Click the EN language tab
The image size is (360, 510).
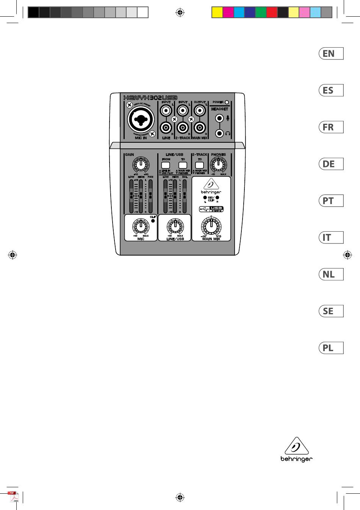[331, 53]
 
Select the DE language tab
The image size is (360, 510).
[331, 164]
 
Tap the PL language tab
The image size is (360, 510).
[331, 348]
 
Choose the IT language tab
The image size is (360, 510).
[331, 237]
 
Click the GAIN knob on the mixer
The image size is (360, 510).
[141, 164]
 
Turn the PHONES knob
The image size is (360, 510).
[218, 164]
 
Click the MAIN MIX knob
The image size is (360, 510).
[211, 226]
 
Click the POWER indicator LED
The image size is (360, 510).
[227, 102]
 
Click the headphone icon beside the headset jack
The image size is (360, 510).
[228, 133]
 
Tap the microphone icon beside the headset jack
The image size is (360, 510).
[228, 118]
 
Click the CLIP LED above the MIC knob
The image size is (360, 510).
[153, 220]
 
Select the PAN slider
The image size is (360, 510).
[150, 196]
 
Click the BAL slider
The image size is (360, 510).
[185, 196]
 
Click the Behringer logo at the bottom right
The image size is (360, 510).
[296, 451]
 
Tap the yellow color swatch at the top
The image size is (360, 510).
[217, 12]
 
